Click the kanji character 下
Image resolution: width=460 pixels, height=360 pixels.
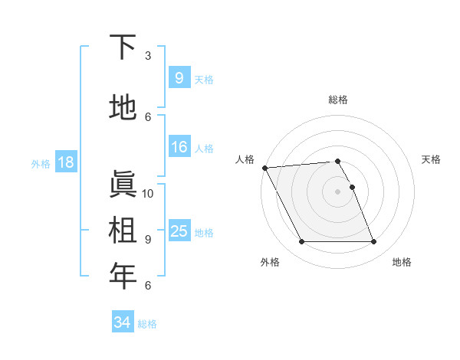point(123,47)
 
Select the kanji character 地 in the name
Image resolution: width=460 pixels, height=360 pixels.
point(123,108)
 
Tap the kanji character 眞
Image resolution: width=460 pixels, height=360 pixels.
point(123,183)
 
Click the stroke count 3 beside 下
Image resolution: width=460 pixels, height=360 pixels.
point(148,56)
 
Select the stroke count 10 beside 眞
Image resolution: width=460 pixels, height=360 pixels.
point(148,193)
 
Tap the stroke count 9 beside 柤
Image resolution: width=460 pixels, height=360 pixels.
point(148,239)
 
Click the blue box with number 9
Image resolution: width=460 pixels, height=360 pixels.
point(179,78)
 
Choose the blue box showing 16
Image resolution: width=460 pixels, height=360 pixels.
point(179,148)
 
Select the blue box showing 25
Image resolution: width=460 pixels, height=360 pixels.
point(179,231)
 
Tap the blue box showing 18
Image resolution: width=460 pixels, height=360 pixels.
point(65,162)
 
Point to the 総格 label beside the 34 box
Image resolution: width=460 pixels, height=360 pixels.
point(147,324)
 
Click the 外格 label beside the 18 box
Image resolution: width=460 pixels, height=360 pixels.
point(41,163)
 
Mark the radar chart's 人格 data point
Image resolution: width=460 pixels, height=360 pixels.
point(264,168)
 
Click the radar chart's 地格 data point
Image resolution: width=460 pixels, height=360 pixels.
point(373,242)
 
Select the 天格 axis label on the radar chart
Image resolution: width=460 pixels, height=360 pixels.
point(432,159)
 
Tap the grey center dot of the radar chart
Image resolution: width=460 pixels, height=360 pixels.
point(337,191)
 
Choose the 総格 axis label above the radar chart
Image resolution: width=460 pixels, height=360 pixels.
point(337,100)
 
